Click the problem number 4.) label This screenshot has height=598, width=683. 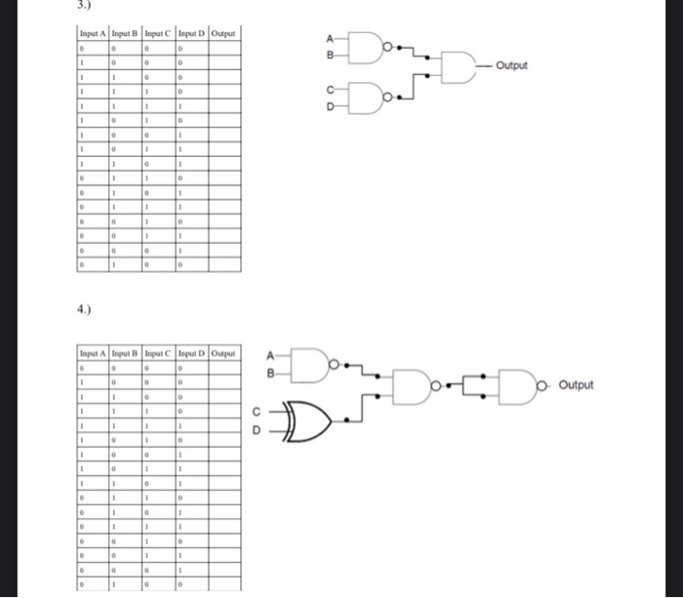pos(85,312)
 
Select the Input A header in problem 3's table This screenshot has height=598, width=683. pos(94,34)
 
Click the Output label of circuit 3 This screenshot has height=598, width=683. pos(511,65)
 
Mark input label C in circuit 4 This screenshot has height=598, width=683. pos(257,411)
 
